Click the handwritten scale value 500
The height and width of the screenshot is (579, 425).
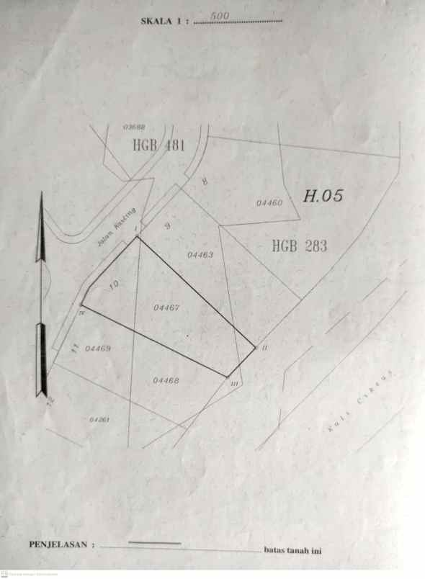click(220, 15)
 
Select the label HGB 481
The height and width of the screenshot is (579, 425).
click(159, 145)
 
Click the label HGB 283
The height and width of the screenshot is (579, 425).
click(299, 246)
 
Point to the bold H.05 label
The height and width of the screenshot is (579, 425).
click(323, 195)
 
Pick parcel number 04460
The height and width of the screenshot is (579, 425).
click(269, 203)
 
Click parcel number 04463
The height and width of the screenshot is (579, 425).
click(200, 255)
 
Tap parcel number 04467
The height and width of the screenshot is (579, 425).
click(166, 308)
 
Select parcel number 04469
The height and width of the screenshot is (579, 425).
click(98, 349)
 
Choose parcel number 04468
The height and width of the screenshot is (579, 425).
click(166, 380)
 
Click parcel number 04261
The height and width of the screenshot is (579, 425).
click(99, 419)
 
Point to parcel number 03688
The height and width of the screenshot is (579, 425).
click(134, 127)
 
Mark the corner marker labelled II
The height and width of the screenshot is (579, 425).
click(264, 348)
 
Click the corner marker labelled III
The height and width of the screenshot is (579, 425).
click(234, 384)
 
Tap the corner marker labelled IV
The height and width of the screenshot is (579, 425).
click(82, 313)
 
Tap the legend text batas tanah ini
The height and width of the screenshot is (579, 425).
click(292, 551)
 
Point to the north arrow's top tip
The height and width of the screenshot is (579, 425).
click(42, 193)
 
